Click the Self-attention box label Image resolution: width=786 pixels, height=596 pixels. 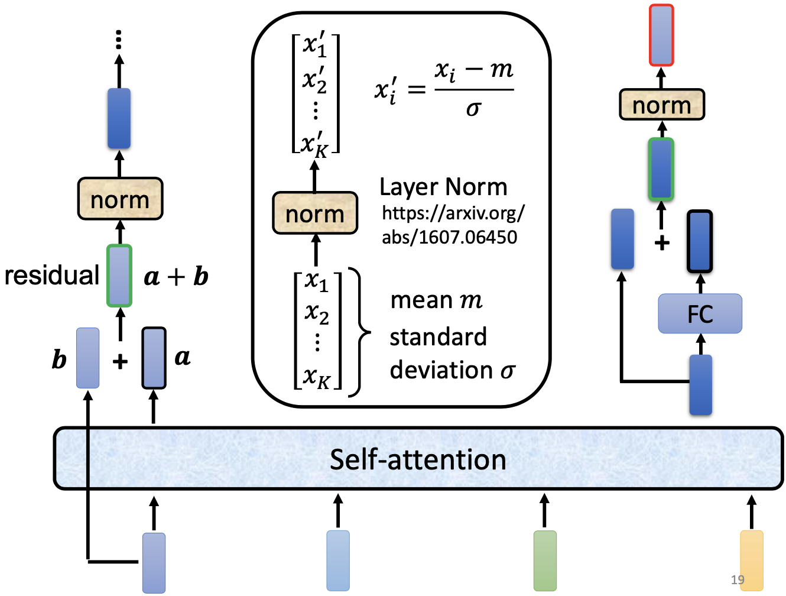pos(418,460)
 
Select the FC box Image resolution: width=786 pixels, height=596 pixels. pos(700,313)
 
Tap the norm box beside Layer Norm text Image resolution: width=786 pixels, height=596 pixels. pos(315,213)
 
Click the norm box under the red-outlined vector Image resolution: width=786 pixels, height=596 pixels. pos(661,105)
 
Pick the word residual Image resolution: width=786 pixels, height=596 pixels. pos(52,276)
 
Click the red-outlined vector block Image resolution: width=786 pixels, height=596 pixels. pos(661,35)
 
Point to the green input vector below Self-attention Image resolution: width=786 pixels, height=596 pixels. pos(545,561)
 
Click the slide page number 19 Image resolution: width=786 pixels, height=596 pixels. pos(738,579)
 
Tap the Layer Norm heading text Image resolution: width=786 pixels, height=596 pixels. pos(443,187)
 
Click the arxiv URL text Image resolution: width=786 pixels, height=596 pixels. pos(452,225)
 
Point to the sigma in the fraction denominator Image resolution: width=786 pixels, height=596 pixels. pos(473,109)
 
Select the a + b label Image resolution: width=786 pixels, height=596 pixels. pos(176,277)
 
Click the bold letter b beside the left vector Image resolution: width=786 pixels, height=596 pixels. pos(59,359)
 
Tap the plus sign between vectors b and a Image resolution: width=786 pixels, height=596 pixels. pos(120,361)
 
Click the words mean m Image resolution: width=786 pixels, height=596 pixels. pos(436,300)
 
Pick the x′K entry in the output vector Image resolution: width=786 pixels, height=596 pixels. pos(314,145)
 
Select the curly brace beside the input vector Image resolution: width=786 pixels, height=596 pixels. pos(362,332)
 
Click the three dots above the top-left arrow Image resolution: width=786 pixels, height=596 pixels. pos(119,40)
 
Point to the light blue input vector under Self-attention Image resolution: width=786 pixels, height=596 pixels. pos(338,561)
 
